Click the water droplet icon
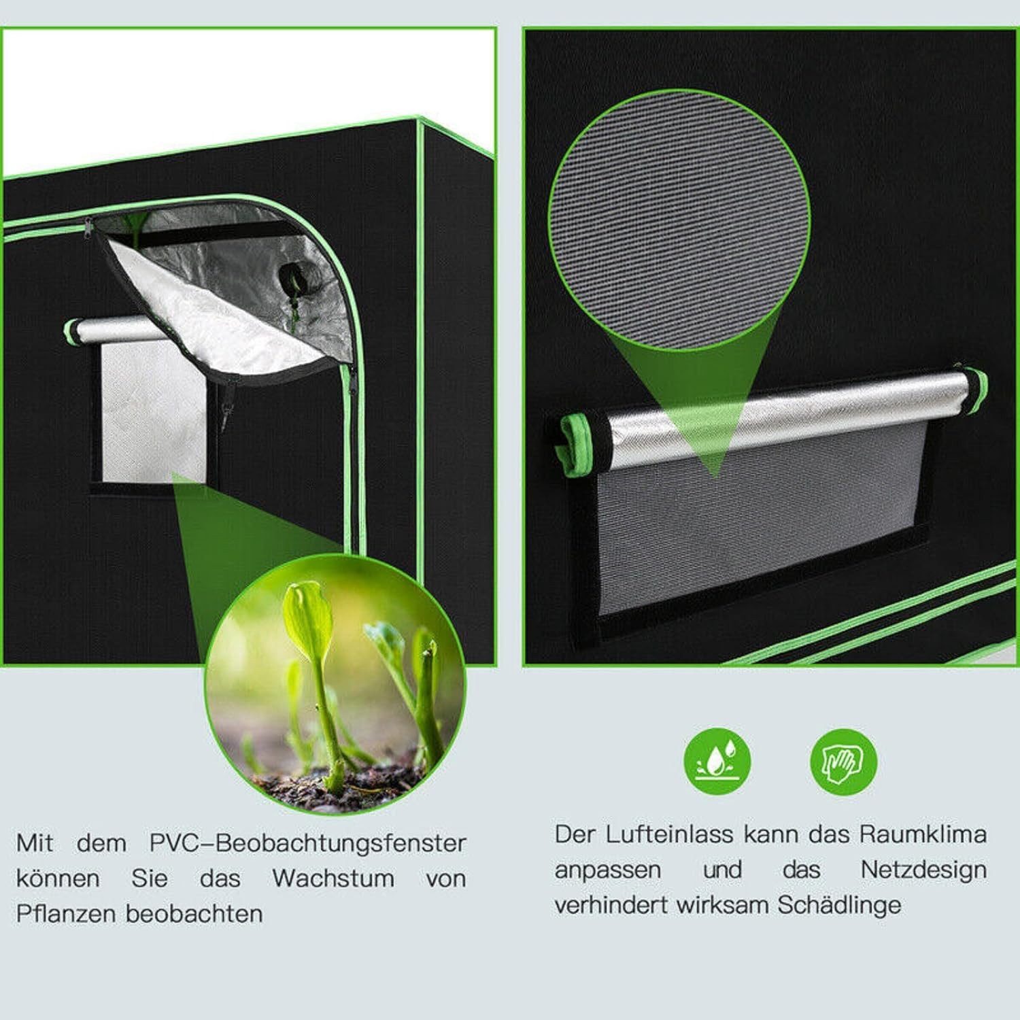[717, 761]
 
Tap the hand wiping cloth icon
[843, 761]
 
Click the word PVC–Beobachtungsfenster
[307, 843]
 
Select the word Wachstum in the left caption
[333, 878]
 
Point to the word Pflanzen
[65, 913]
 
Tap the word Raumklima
[923, 834]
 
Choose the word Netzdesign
[923, 869]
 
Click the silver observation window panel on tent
[153, 408]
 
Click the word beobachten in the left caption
[194, 913]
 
